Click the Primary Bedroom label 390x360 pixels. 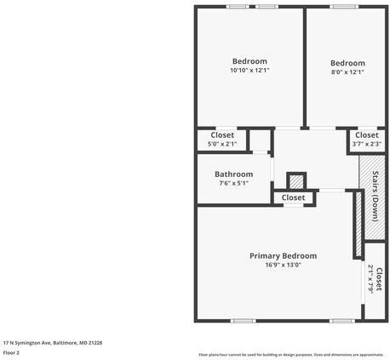click(283, 255)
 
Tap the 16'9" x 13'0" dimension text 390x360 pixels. click(283, 265)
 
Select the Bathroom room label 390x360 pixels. click(233, 174)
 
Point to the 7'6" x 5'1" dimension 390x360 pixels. click(233, 183)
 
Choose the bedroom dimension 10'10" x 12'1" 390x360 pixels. click(249, 71)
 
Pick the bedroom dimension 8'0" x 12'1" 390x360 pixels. click(347, 72)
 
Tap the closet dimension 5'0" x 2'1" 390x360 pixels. click(222, 144)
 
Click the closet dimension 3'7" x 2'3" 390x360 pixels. click(366, 144)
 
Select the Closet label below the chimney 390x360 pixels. click(293, 197)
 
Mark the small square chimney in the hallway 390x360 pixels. click(295, 181)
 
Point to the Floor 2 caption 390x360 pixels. click(12, 351)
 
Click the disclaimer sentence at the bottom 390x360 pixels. click(290, 354)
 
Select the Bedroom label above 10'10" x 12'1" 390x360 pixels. click(249, 61)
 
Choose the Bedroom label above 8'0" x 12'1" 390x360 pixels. click(347, 63)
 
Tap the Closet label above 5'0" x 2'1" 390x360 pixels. click(222, 134)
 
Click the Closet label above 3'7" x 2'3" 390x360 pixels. click(366, 134)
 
